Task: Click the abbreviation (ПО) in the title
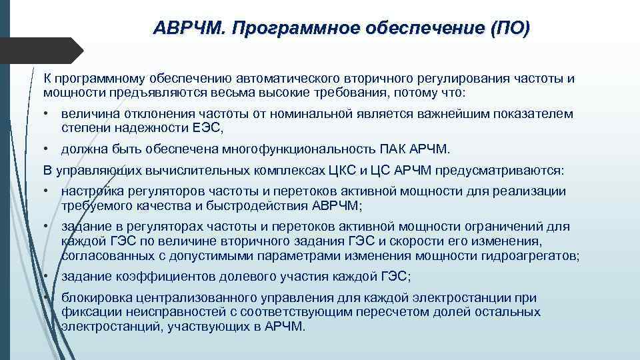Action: click(510, 28)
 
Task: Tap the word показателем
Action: click(535, 114)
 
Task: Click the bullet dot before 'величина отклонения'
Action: click(48, 114)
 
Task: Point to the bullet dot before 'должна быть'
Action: click(48, 148)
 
